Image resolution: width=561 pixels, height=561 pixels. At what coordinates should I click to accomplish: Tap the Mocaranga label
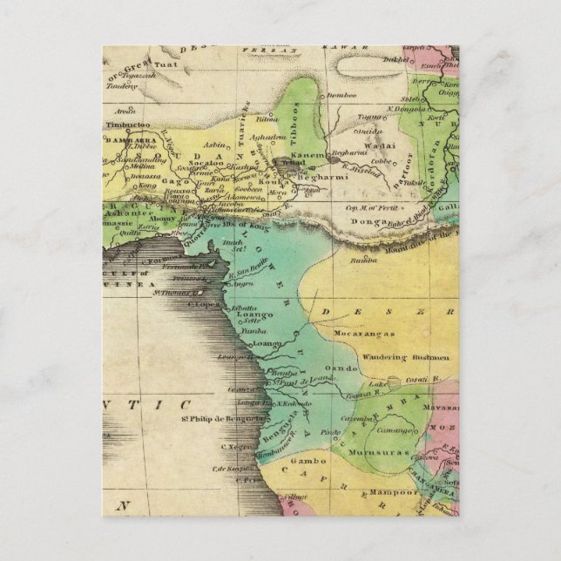pos(367,333)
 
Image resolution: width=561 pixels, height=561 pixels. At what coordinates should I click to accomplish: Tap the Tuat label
pos(166,63)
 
